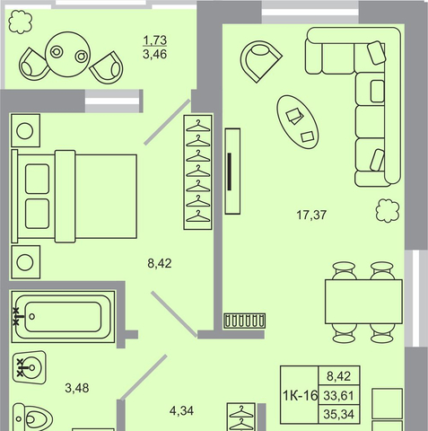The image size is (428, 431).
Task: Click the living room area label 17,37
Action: click(311, 215)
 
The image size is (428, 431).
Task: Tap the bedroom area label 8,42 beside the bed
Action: click(160, 263)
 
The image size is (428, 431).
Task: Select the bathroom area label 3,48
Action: click(77, 388)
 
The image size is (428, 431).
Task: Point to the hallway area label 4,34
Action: click(181, 411)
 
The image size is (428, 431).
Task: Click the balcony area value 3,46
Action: click(155, 55)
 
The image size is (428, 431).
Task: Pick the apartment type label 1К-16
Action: click(300, 396)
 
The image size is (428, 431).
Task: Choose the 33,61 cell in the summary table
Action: click(339, 396)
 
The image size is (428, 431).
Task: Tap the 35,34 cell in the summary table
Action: click(339, 414)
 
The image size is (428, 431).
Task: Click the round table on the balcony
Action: click(67, 55)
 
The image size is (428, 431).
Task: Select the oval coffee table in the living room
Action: click(298, 122)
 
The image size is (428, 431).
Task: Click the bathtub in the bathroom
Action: click(63, 317)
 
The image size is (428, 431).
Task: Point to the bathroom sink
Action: click(30, 367)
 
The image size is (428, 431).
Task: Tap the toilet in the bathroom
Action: click(32, 418)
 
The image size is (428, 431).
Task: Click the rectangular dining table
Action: click(363, 302)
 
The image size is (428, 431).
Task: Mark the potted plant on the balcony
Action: click(21, 22)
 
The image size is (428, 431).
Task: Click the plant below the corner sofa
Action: click(388, 211)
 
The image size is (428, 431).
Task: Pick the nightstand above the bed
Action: click(25, 130)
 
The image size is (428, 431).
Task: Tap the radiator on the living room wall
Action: click(245, 321)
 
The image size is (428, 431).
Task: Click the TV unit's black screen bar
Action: click(230, 172)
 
